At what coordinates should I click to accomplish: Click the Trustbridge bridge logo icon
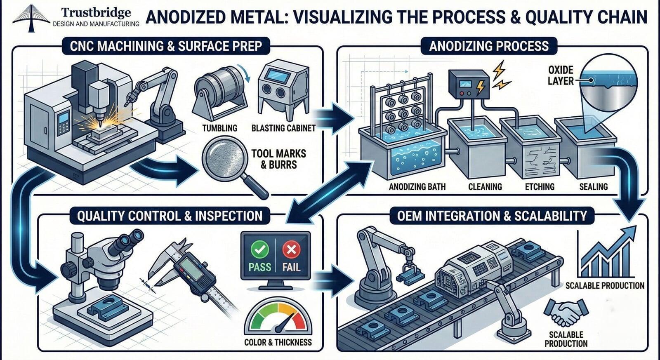[x=31, y=18]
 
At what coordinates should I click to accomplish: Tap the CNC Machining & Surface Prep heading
[x=166, y=46]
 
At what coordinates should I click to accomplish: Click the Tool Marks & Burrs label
[x=279, y=159]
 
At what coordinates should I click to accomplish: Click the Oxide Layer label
[x=561, y=75]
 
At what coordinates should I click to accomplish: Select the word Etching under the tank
[x=540, y=187]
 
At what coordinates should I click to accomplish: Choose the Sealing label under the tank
[x=593, y=187]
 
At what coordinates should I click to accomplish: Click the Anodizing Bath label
[x=417, y=187]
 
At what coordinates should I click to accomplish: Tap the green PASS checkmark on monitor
[x=260, y=250]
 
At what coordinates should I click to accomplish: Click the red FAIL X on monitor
[x=291, y=250]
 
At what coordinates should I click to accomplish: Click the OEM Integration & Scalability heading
[x=492, y=216]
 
